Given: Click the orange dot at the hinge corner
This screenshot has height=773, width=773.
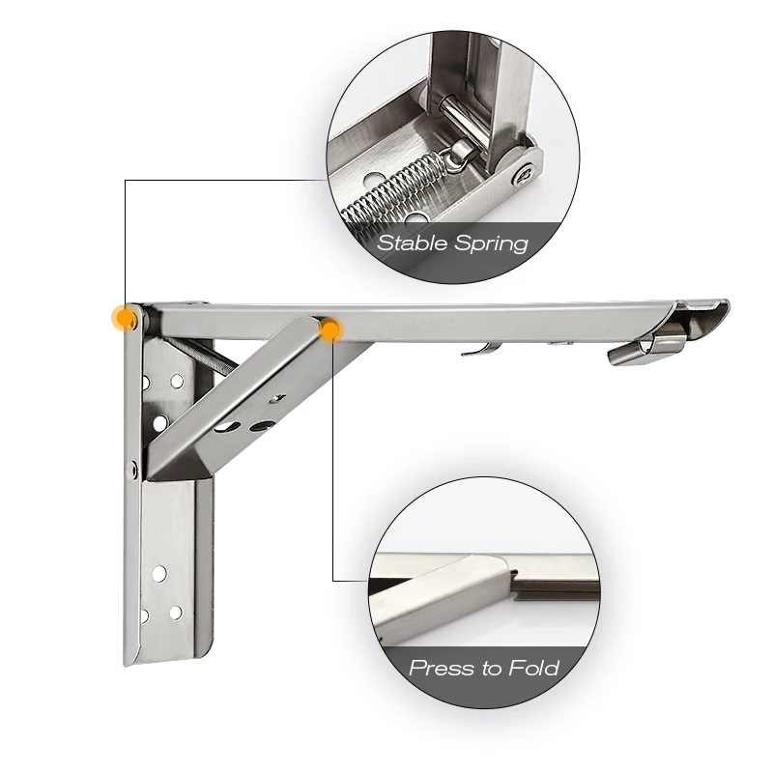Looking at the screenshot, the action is pos(126,318).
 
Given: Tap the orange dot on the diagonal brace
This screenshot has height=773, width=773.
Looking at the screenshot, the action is pos(330,329).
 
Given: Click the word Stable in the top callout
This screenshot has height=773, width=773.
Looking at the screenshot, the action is pos(413,243).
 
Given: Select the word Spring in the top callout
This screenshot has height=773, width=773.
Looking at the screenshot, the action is pos(491,244).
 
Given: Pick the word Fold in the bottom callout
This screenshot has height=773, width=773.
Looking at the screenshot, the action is pos(534,668).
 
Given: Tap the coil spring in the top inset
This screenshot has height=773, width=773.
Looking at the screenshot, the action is pos(393,188).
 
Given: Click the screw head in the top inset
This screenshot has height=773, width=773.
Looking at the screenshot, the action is pos(522,174).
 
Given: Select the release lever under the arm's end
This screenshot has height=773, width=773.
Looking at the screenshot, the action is pos(646,348).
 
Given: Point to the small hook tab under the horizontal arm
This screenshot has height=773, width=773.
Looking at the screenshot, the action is pos(480,349).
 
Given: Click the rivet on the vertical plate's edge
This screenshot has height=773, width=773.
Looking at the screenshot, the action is pos(132,470).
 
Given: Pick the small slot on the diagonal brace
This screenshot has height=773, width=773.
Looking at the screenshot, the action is pos(277,398).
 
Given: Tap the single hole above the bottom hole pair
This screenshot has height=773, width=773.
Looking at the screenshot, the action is pos(159,573).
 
